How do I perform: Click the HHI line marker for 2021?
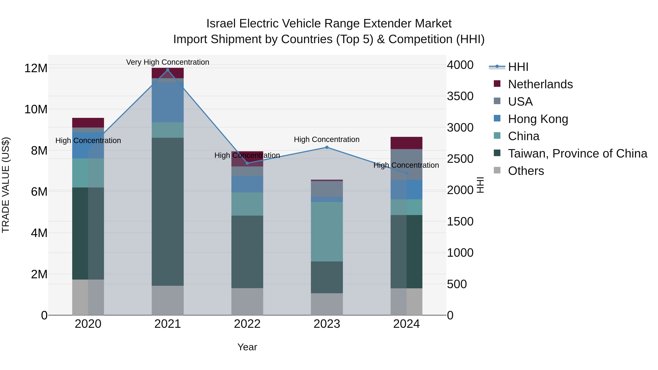point(168,70)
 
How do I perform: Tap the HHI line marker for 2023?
point(327,147)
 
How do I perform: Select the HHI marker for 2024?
point(406,173)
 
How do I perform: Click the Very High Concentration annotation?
point(168,62)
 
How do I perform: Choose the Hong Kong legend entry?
point(538,119)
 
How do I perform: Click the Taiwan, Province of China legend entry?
point(577,153)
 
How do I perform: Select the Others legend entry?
point(526,171)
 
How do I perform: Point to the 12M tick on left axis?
point(36,68)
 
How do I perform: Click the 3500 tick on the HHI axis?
point(460,96)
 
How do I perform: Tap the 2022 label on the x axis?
point(247,324)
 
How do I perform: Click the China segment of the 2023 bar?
point(327,232)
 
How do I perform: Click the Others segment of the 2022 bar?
point(247,301)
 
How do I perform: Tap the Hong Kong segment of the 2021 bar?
point(168,102)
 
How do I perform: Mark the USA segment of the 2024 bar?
point(406,164)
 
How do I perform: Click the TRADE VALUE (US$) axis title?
point(6,185)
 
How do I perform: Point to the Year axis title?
point(247,347)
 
